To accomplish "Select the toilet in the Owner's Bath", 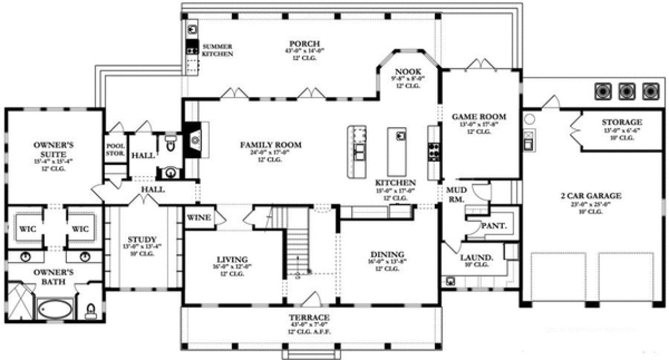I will coord(90,310).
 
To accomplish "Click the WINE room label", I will coord(198,218).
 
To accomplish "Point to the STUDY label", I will coord(142,240).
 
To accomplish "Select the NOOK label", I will coord(408,71).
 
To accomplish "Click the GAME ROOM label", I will coord(479,117).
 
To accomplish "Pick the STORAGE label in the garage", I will coord(622,122).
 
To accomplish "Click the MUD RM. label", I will coord(456,195).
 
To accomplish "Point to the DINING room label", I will coord(387,254).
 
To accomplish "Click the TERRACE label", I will coord(309,316).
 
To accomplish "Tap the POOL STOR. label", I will coord(115,149).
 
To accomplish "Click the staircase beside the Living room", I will coord(298,249).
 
